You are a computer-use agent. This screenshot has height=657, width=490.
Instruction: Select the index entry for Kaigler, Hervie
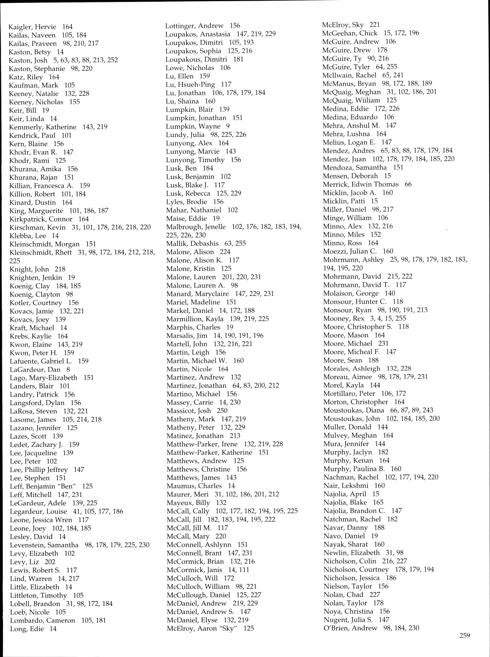click(x=32, y=27)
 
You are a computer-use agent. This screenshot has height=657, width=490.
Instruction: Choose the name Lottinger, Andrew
click(x=194, y=26)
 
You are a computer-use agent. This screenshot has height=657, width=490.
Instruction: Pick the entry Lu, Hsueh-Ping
click(x=191, y=85)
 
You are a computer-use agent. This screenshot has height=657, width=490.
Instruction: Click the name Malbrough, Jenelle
click(x=196, y=227)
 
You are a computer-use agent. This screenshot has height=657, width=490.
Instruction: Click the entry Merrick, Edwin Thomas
click(x=361, y=184)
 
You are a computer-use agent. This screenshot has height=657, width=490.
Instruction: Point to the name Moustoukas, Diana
click(x=353, y=410)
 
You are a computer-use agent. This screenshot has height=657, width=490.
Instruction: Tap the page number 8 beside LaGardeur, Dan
click(x=68, y=370)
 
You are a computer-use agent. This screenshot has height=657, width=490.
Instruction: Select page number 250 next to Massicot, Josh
click(x=222, y=411)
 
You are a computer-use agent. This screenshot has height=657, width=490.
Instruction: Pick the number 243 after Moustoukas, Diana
click(x=428, y=410)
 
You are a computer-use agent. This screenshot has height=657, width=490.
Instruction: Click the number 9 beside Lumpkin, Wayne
click(x=228, y=126)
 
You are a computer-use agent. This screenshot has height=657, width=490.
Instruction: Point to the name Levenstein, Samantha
click(x=44, y=545)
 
